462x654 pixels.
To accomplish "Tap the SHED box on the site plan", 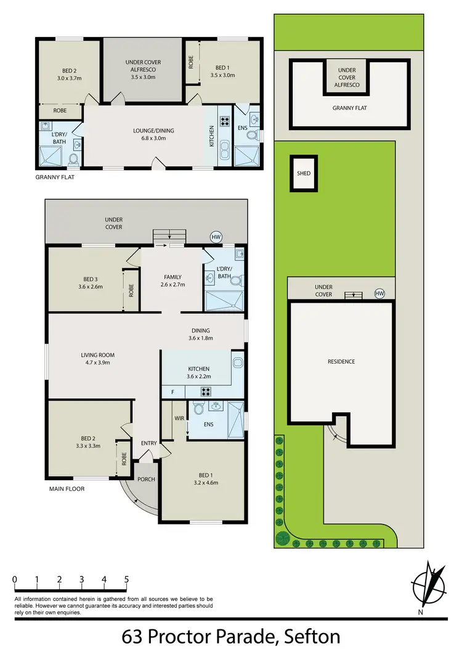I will click(304, 173).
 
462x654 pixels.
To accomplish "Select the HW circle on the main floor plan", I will click(216, 237).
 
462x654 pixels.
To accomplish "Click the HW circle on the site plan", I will click(379, 294).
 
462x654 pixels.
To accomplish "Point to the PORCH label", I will click(145, 480).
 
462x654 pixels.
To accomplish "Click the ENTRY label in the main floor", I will click(148, 443).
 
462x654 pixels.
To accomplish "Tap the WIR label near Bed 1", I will click(179, 419).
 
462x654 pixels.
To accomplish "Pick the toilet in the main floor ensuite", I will click(198, 408).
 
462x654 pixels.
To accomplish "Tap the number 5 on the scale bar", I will click(126, 579).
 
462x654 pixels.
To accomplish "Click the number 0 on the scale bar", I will click(14, 579).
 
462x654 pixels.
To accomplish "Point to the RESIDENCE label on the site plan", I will click(341, 361).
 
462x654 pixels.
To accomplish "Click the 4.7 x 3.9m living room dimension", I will click(98, 363).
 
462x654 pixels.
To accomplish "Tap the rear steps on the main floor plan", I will click(169, 235).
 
